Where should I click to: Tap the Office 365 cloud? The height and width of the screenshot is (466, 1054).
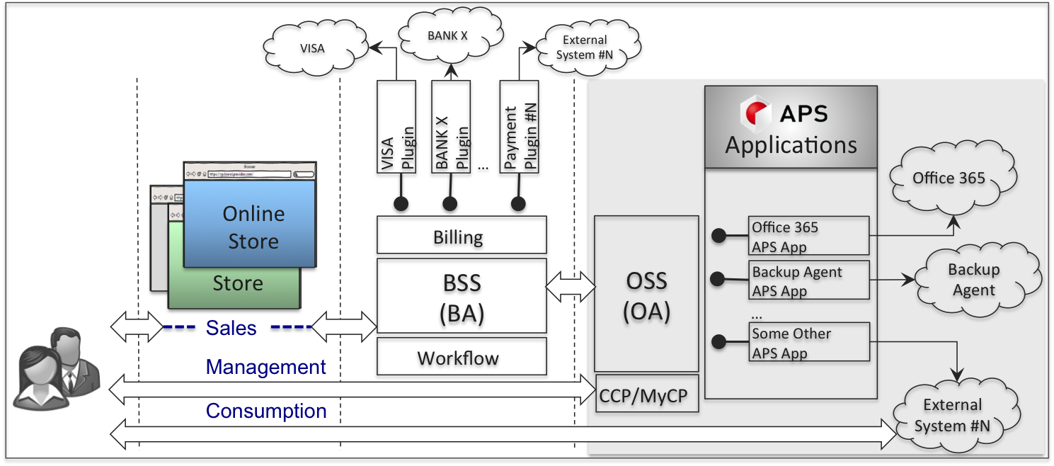[x=949, y=178]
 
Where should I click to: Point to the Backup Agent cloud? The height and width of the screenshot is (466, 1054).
[x=974, y=280]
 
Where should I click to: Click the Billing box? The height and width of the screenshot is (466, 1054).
[x=460, y=238]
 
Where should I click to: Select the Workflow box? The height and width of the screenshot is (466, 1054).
[x=460, y=359]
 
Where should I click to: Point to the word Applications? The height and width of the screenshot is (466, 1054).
[x=791, y=145]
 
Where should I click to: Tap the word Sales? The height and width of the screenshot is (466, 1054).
[x=231, y=328]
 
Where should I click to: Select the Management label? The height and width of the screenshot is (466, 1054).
[x=265, y=367]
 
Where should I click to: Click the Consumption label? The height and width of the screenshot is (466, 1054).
[x=265, y=411]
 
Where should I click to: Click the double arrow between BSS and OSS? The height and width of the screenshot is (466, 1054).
[x=571, y=286]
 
